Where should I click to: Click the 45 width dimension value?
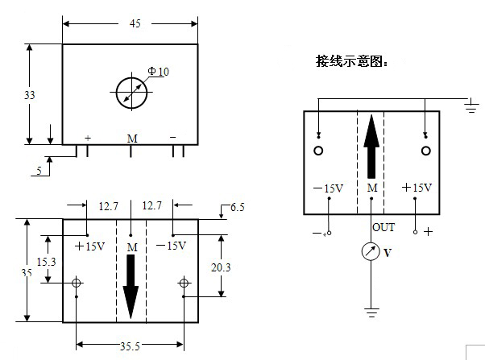tap(135, 23)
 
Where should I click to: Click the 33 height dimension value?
tap(30, 95)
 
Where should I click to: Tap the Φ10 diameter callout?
tap(159, 72)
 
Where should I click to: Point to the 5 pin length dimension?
tap(38, 171)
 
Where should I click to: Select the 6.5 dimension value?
tap(237, 208)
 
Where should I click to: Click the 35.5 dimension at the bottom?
tap(131, 346)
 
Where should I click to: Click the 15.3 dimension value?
tap(48, 262)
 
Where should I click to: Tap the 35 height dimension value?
tap(27, 273)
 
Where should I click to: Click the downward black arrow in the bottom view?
tap(131, 285)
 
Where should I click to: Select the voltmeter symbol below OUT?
tap(371, 252)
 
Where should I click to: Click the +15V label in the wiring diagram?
tap(417, 188)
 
